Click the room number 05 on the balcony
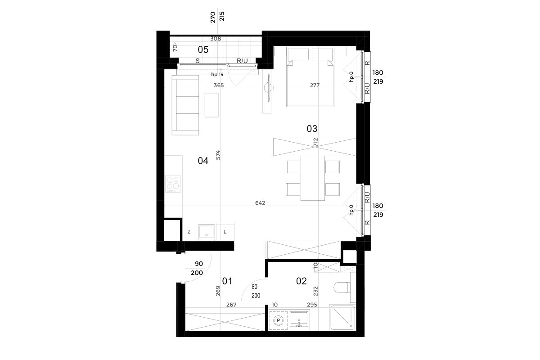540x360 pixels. (x=203, y=49)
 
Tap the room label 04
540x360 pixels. (x=203, y=161)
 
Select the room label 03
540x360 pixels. (x=312, y=129)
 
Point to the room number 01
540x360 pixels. (x=227, y=281)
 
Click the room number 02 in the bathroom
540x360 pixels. (x=301, y=281)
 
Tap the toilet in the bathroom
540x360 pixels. (x=342, y=288)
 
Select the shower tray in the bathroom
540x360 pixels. (x=342, y=318)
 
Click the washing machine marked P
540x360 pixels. (x=278, y=321)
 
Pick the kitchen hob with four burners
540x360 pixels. (x=173, y=184)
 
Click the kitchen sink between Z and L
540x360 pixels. (x=207, y=232)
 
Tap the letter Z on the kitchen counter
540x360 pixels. (x=189, y=232)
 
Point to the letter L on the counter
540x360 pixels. (x=225, y=232)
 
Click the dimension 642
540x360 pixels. (x=260, y=203)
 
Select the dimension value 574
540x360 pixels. (x=218, y=155)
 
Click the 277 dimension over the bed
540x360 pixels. (x=315, y=85)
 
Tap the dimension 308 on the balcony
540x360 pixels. (x=216, y=39)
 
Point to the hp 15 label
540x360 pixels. (x=217, y=75)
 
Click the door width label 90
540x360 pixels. (x=199, y=264)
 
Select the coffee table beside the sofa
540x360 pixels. (x=211, y=105)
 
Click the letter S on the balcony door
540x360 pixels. (x=198, y=61)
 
